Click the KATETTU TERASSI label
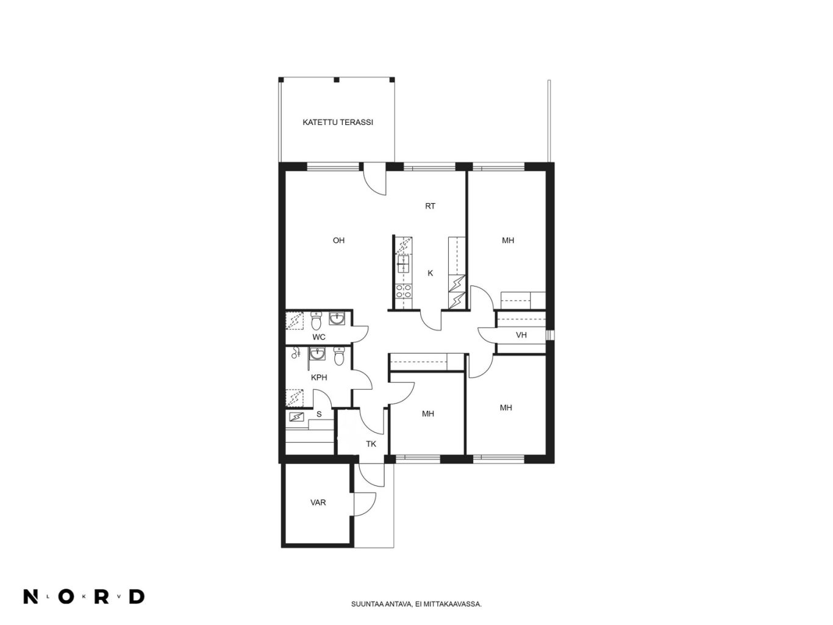pos(337,122)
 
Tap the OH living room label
pos(338,240)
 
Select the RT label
pos(430,206)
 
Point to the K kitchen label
pos(430,273)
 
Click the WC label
pos(319,337)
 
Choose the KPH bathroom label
pos(319,377)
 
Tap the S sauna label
pos(319,414)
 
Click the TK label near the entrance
pos(371,444)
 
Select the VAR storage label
pos(318,502)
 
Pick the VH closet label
pos(521,335)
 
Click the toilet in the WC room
pos(316,321)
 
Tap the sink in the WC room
pos(337,318)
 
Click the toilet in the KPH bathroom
pos(339,356)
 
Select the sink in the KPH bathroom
pos(317,354)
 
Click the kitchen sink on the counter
pos(403,264)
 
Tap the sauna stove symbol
pos(296,417)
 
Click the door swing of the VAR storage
pos(366,504)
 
